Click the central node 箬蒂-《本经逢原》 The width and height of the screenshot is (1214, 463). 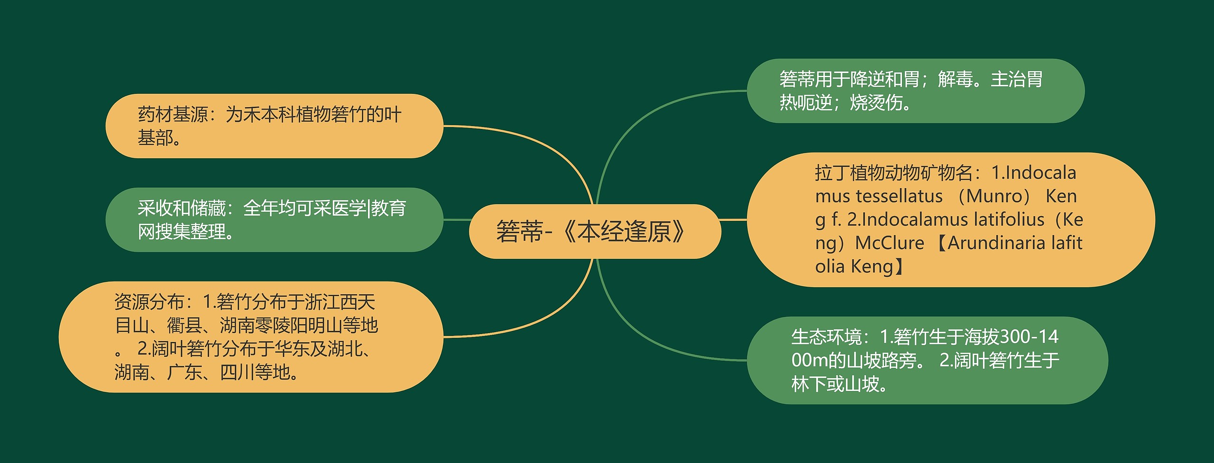point(595,231)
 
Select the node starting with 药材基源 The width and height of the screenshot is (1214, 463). point(274,126)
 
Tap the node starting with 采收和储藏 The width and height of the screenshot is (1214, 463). point(274,220)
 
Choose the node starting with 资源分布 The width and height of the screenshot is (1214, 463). point(250,337)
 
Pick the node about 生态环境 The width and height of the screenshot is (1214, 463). point(927,360)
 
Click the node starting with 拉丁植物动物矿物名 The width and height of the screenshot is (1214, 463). point(950,219)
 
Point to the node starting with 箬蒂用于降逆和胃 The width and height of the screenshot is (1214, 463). point(915,91)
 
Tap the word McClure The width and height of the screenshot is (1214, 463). point(890,243)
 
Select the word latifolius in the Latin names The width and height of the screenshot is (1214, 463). point(1009,219)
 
